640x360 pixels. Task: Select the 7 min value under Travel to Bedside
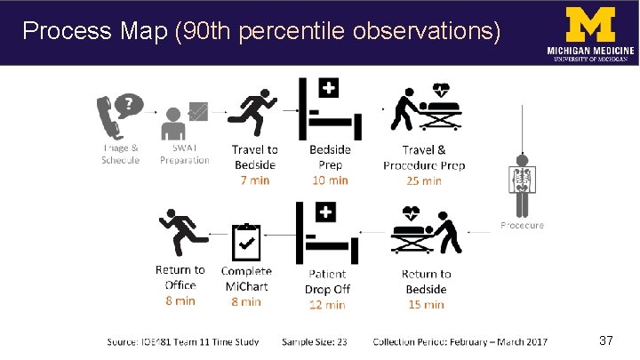(255, 180)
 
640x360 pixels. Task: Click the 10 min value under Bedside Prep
(330, 180)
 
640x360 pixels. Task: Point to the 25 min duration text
(423, 180)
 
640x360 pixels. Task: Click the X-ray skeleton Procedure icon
(521, 177)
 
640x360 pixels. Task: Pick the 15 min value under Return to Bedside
(426, 304)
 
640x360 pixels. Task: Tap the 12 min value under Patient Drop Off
(327, 304)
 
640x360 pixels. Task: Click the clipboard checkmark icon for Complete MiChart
(246, 239)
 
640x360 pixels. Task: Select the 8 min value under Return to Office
(180, 300)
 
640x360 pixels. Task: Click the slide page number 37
(607, 340)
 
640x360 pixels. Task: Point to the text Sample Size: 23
(314, 341)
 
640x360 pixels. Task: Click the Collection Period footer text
(460, 341)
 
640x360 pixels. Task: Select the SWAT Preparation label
(185, 155)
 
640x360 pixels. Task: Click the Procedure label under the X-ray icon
(522, 226)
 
